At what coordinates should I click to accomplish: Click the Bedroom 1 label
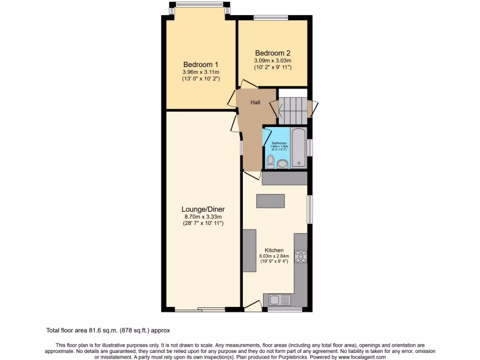(x=201, y=64)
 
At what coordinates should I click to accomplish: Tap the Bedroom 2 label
(x=273, y=53)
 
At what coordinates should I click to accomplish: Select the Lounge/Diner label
(x=203, y=210)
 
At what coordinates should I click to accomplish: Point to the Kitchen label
(x=274, y=250)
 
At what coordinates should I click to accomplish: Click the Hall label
(x=255, y=102)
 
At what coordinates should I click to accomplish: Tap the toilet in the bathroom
(x=270, y=162)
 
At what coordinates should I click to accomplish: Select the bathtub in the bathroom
(x=299, y=148)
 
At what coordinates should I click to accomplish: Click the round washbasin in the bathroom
(x=282, y=164)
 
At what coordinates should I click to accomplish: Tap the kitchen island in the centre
(x=270, y=201)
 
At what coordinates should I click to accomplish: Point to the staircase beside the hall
(x=293, y=109)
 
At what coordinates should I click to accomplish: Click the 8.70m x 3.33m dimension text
(x=203, y=217)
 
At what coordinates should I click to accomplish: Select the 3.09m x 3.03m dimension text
(x=273, y=60)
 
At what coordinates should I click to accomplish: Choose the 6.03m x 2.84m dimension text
(x=274, y=256)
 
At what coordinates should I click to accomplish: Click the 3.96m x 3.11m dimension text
(x=201, y=72)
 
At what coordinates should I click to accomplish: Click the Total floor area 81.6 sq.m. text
(x=111, y=330)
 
